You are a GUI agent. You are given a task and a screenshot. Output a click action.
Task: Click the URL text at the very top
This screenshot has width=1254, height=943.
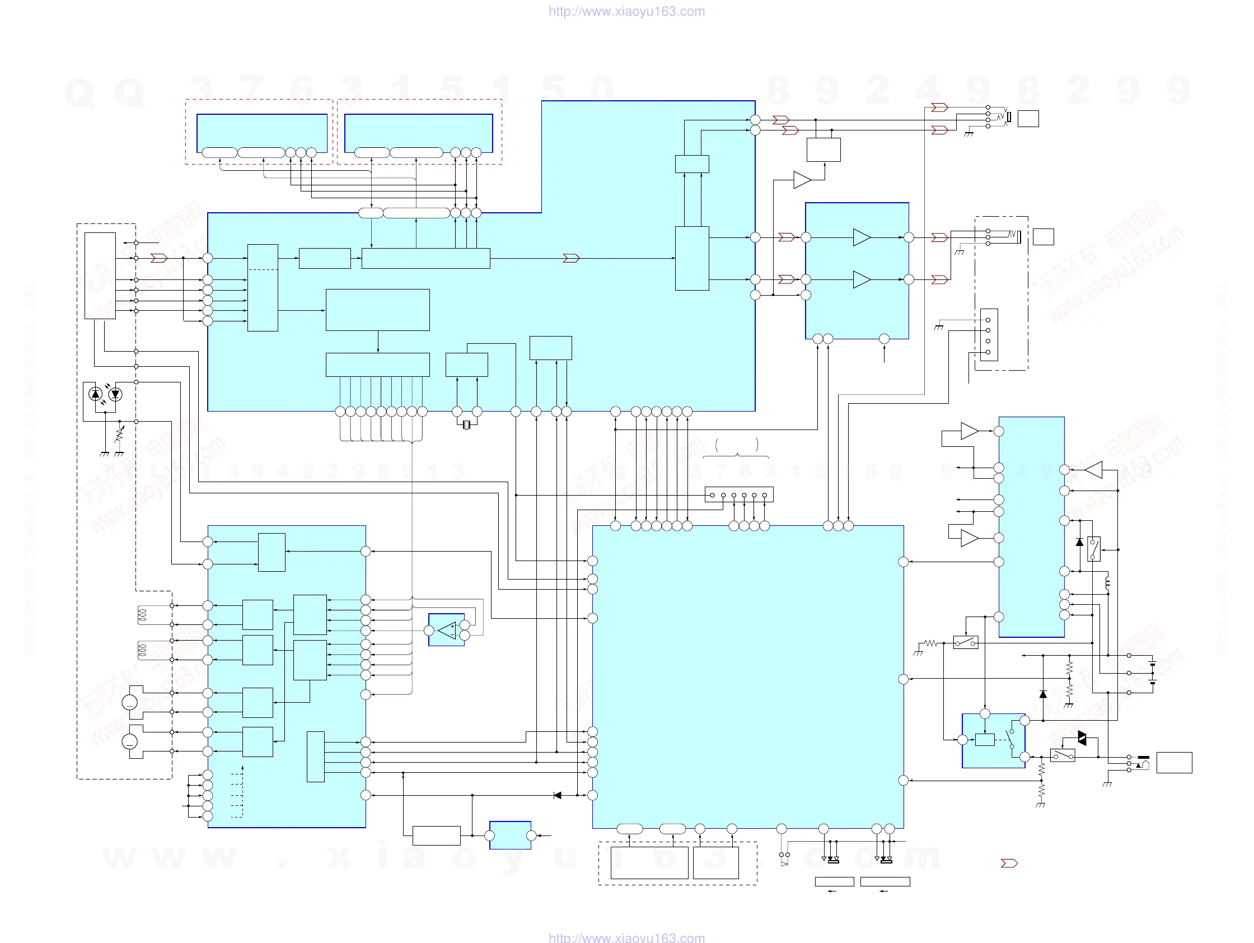point(626,11)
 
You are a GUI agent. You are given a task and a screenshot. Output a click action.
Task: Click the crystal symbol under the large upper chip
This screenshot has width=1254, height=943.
point(466,425)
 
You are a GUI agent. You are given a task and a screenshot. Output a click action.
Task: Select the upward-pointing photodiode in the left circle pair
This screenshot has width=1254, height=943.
point(96,394)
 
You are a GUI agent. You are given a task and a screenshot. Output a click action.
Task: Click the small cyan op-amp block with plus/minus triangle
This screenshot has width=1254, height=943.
point(447,630)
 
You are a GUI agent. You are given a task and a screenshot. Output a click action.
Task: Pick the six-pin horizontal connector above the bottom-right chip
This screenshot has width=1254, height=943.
point(738,494)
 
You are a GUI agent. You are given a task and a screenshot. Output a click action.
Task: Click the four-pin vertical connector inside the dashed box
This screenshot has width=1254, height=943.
point(989,335)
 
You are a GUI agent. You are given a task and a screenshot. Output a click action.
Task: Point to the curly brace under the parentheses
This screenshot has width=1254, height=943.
point(736,455)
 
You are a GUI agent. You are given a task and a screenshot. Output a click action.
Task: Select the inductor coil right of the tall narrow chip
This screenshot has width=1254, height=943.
point(1107,583)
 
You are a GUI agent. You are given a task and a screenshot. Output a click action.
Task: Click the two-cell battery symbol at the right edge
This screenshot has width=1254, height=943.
point(1153,673)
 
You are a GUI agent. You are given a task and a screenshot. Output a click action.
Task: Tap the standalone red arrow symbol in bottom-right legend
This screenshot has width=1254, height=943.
point(1009,863)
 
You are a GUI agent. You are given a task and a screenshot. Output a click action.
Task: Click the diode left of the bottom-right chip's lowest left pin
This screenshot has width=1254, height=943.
point(557,796)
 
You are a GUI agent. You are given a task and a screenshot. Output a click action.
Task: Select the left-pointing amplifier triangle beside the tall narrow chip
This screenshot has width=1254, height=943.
point(1093,470)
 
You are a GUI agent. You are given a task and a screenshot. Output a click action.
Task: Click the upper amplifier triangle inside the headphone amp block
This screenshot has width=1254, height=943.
point(861,237)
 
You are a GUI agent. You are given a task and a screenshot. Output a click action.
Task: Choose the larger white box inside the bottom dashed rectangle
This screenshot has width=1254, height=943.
point(649,862)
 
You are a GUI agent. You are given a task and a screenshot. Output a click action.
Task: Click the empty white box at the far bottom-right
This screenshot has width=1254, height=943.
point(1174,763)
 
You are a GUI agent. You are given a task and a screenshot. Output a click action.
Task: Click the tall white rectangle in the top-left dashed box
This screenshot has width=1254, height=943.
point(100,276)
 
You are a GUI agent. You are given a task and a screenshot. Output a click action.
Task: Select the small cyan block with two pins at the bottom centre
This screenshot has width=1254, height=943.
point(510,835)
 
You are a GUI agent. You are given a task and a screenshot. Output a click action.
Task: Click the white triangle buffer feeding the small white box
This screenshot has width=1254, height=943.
point(802,180)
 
